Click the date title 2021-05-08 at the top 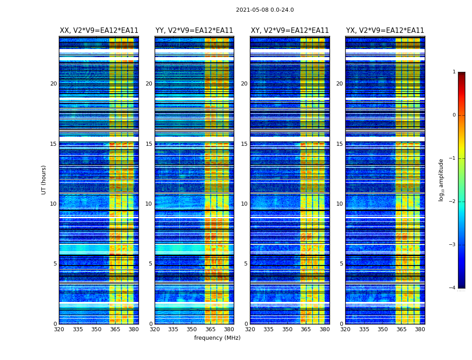tap(265, 10)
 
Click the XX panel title tap(99, 31)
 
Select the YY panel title tap(194, 31)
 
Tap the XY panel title tap(289, 31)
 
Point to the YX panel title tap(385, 31)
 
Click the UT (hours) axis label tap(44, 180)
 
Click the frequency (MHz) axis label tap(217, 338)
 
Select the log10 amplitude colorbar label tap(441, 180)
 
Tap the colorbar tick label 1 tap(454, 72)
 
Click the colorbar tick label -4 tap(453, 288)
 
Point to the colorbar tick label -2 tap(453, 202)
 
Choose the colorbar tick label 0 tap(454, 115)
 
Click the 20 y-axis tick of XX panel tap(53, 84)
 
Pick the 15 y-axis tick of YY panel tap(149, 144)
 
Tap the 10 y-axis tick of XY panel tap(244, 204)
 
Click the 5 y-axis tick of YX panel tap(341, 264)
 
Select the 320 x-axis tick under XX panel tap(59, 329)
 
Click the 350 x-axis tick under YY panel tap(192, 329)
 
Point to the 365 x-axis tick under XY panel tap(306, 329)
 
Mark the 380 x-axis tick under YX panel tap(420, 329)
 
